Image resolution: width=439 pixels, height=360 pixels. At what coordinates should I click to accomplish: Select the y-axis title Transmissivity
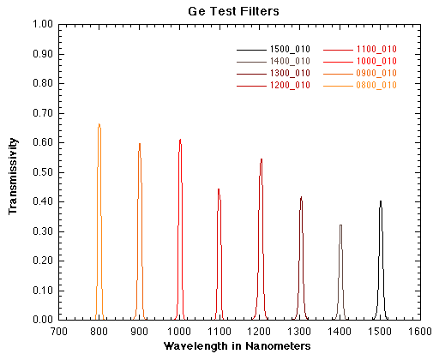(x=14, y=171)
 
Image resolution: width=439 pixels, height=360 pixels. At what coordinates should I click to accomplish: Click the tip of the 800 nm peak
(x=99, y=124)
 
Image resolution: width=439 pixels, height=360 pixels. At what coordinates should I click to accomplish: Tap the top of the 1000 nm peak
(x=180, y=139)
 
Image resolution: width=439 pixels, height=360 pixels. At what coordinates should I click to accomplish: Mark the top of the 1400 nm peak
(x=340, y=225)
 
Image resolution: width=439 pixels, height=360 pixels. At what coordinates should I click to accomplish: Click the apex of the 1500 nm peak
(x=381, y=201)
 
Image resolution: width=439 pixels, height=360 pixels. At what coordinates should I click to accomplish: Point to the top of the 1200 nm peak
(x=261, y=159)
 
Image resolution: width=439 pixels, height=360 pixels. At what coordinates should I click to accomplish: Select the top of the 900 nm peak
(x=139, y=143)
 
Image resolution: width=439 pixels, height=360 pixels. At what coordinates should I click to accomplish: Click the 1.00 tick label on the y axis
(x=43, y=24)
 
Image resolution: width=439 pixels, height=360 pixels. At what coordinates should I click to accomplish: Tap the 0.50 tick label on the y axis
(x=43, y=171)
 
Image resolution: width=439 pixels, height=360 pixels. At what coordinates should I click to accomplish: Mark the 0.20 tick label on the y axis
(x=43, y=261)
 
